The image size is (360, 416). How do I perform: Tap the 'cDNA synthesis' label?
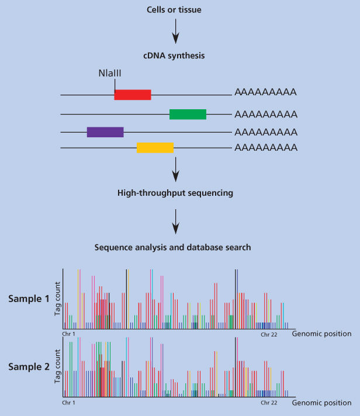[x=173, y=56]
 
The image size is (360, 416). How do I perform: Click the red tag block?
[x=133, y=95]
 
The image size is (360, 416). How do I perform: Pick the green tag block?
[x=188, y=114]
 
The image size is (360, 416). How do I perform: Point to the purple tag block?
[x=105, y=132]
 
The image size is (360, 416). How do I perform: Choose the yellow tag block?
[x=155, y=148]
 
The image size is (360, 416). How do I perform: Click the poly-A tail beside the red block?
[x=265, y=92]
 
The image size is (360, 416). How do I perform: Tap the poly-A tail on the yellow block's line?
[x=265, y=147]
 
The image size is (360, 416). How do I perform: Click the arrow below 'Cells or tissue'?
[x=174, y=33]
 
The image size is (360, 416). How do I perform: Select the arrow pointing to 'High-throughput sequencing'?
[x=174, y=171]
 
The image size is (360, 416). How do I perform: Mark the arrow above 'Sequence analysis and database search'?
[x=174, y=220]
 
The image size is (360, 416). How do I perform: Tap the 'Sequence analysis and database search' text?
[x=173, y=247]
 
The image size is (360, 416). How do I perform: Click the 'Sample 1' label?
[x=29, y=299]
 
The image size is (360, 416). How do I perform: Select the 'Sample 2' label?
[x=29, y=367]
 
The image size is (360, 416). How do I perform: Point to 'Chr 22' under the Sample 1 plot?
[x=268, y=334]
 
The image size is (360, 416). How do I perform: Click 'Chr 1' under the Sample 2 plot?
[x=69, y=403]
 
